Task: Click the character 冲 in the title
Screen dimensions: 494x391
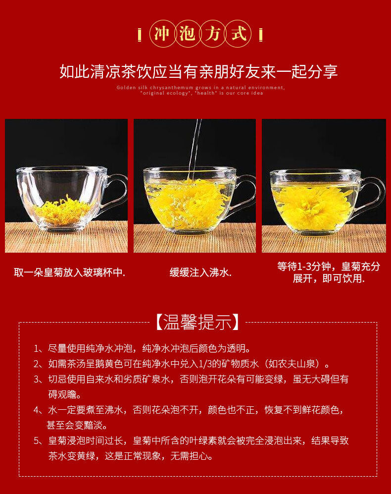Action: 161,34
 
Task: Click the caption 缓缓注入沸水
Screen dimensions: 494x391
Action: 200,273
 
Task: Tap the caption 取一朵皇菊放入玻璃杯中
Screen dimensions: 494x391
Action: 69,273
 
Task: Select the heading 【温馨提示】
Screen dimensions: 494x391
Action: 197,322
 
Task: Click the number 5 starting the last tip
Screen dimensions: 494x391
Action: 37,441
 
